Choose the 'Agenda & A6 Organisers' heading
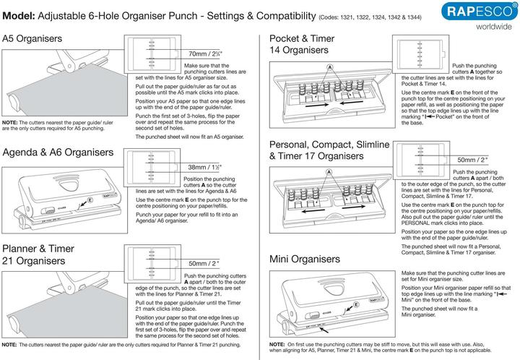tap(58, 153)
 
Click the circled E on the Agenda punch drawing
tap(90, 199)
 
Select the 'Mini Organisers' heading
tap(305, 258)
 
